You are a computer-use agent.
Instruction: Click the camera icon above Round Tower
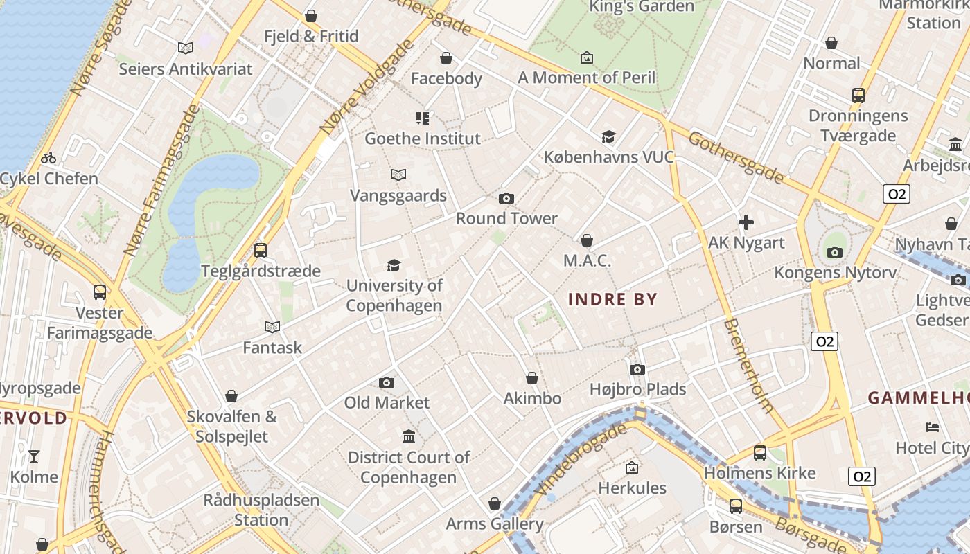tap(506, 199)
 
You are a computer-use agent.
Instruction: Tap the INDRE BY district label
tap(612, 299)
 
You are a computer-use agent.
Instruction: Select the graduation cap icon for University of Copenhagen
tap(394, 265)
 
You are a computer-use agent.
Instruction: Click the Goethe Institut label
tap(422, 138)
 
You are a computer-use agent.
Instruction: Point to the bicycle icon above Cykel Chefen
tap(48, 158)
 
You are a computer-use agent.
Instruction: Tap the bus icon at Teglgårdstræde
tap(261, 250)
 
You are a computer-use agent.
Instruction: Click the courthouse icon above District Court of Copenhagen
tap(409, 437)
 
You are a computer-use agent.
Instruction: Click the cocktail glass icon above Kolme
tap(33, 456)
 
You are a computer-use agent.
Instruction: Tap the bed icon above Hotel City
tap(932, 427)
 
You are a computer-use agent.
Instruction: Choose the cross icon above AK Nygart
tap(746, 222)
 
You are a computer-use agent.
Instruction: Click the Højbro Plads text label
tap(637, 389)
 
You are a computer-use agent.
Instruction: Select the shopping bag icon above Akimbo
tap(531, 378)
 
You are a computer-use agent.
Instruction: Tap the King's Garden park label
tap(641, 7)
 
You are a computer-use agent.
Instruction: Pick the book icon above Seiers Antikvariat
tap(185, 48)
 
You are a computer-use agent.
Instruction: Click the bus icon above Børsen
tap(735, 506)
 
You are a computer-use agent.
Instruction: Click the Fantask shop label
tap(272, 348)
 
